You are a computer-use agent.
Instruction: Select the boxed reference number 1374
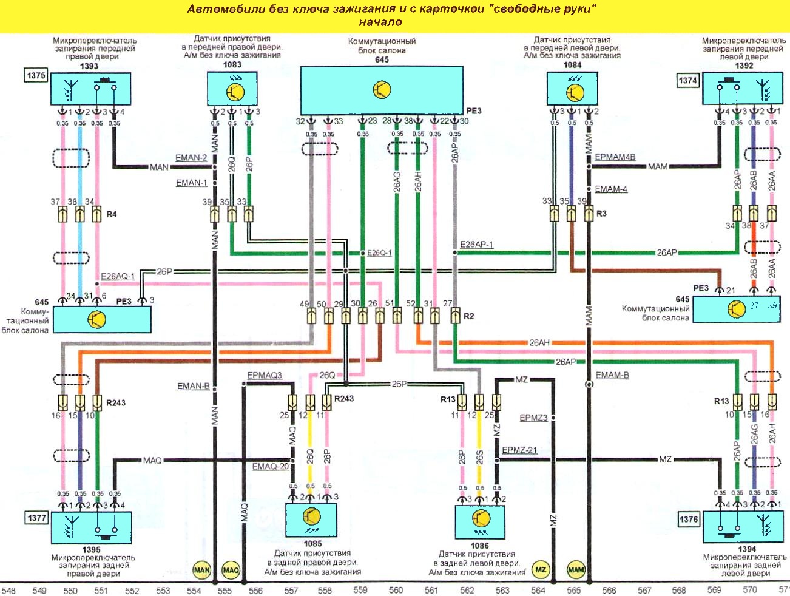(x=687, y=81)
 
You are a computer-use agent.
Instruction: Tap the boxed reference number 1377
(x=36, y=518)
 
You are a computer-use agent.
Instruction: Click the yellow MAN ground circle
(x=201, y=570)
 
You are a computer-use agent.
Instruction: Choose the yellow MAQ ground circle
(x=231, y=570)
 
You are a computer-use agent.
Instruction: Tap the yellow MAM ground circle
(x=575, y=569)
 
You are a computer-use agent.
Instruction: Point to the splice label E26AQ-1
(x=118, y=276)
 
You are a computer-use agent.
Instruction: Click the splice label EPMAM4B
(x=615, y=157)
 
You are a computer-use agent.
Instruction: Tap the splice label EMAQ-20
(x=271, y=466)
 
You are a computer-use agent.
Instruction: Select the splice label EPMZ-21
(x=519, y=450)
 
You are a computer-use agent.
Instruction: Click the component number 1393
(x=89, y=66)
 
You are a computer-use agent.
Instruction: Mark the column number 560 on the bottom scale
(x=396, y=590)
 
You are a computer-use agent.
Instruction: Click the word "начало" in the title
(x=380, y=22)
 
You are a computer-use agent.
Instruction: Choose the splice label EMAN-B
(x=193, y=386)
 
